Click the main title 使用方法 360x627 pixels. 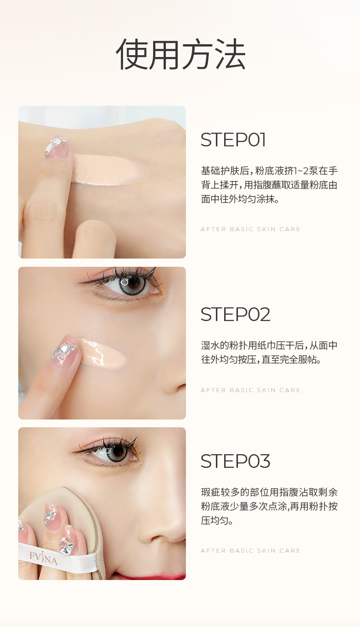pyautogui.click(x=181, y=54)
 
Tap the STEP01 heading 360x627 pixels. pyautogui.click(x=233, y=140)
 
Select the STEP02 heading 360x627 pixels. pyautogui.click(x=236, y=314)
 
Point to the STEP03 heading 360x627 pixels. pyautogui.click(x=236, y=461)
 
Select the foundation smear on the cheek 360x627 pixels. pyautogui.click(x=103, y=353)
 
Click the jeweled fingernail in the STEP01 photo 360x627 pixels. pyautogui.click(x=57, y=146)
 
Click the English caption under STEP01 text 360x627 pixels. pyautogui.click(x=250, y=229)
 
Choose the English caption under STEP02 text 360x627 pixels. pyautogui.click(x=250, y=390)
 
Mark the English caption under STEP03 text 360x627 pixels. pyautogui.click(x=250, y=550)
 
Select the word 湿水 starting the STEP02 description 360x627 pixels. pyautogui.click(x=211, y=345)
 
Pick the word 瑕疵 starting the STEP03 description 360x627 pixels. pyautogui.click(x=211, y=492)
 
